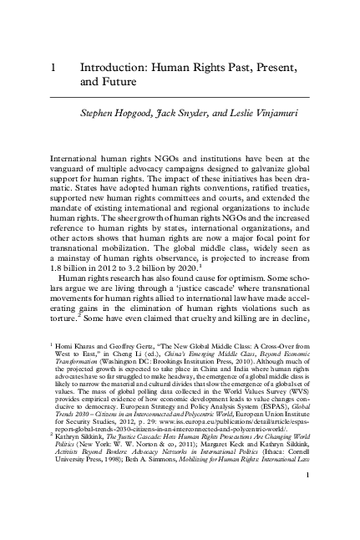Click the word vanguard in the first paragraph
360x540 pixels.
point(73,170)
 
